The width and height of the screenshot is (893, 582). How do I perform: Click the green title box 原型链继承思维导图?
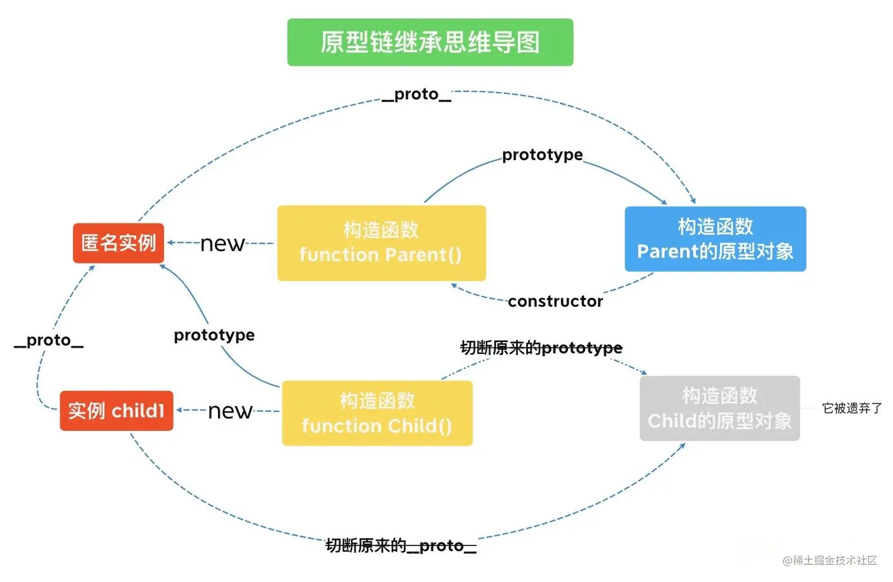click(430, 42)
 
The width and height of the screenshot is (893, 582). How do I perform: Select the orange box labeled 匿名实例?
click(118, 243)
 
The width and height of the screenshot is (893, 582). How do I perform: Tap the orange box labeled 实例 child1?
click(116, 411)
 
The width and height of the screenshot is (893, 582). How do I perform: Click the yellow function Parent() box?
click(382, 243)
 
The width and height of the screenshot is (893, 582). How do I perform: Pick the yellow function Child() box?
click(377, 413)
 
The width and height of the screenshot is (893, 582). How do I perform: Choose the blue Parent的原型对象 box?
click(715, 239)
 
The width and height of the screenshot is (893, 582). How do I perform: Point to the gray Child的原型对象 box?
click(719, 408)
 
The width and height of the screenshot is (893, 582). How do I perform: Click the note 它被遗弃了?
click(851, 408)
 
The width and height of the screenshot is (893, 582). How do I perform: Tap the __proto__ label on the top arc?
click(416, 95)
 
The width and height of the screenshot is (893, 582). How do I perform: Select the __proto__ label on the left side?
click(48, 340)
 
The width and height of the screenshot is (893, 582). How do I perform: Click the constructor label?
click(555, 301)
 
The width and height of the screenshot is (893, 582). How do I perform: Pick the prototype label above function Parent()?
click(542, 155)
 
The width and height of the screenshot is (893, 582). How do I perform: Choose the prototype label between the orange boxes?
click(214, 335)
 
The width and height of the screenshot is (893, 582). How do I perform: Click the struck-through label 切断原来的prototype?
click(541, 348)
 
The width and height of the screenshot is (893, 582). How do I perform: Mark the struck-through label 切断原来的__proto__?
click(401, 545)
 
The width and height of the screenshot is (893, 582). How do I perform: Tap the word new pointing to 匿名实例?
click(222, 243)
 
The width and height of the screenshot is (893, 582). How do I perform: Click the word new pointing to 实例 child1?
click(230, 411)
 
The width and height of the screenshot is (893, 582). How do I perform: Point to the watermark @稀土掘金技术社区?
click(829, 560)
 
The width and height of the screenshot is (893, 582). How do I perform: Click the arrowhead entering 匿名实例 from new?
click(171, 243)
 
